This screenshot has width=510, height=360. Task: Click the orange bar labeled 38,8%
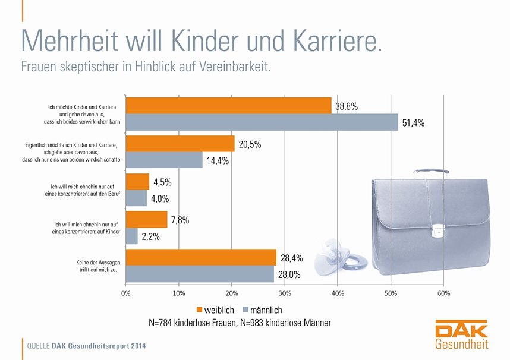[228, 106]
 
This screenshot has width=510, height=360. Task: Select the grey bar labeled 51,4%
[262, 122]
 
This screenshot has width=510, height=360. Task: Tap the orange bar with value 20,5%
[180, 144]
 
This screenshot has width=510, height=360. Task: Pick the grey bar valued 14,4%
[164, 160]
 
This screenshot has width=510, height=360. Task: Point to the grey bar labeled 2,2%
[132, 236]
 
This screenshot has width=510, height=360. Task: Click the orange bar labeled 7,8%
[146, 220]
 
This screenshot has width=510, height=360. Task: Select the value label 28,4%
[292, 258]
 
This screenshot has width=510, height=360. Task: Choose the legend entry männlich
[262, 310]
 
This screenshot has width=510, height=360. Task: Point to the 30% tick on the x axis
[285, 293]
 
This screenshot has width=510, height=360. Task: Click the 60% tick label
[443, 293]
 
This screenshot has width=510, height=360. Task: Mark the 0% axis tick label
[126, 293]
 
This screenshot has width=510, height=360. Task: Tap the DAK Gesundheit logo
[461, 336]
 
